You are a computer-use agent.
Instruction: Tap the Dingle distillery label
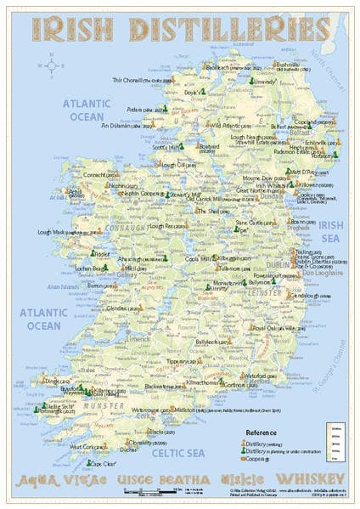coord(53,382)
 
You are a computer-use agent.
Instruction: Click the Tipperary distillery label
coord(160,359)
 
